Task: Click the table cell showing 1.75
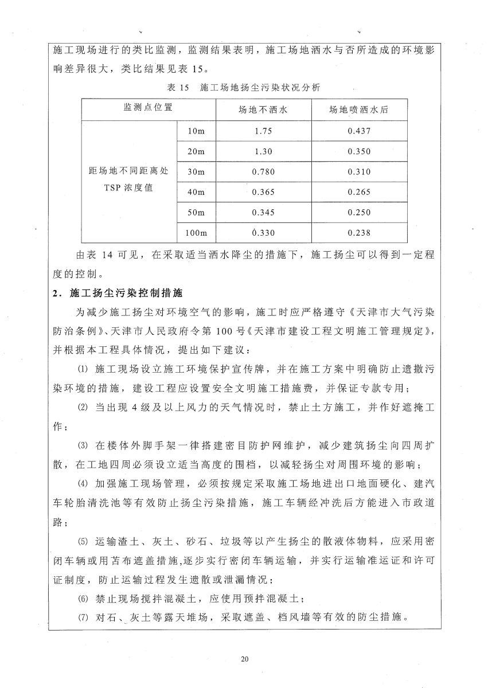click(x=263, y=131)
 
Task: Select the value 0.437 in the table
click(x=359, y=131)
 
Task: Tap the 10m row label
click(x=196, y=131)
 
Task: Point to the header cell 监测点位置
click(x=148, y=107)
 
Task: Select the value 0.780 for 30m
click(x=263, y=171)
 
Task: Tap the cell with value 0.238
click(x=359, y=233)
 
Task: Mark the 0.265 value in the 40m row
click(x=359, y=192)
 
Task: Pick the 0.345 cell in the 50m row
click(x=263, y=213)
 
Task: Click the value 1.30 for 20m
click(x=263, y=151)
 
